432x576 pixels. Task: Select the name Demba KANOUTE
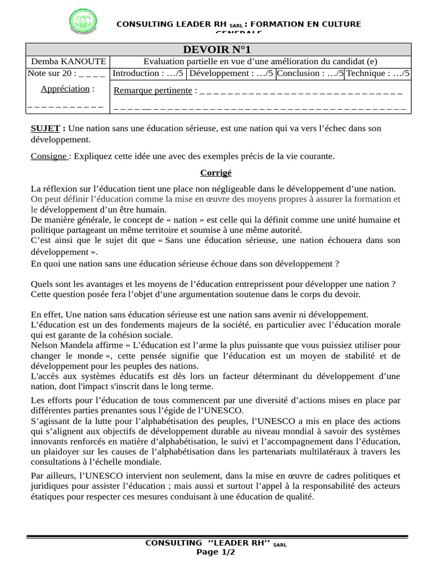tap(67, 62)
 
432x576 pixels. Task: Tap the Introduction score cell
tap(147, 73)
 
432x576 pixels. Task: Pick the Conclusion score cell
tap(310, 73)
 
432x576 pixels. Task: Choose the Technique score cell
tap(378, 73)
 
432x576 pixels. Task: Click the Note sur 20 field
tap(66, 73)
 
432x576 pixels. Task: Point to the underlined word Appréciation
tap(65, 89)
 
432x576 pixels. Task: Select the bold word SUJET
tap(45, 128)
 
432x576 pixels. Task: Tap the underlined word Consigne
tap(49, 156)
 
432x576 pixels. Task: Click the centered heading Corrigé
tap(216, 173)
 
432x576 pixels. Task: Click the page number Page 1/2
tap(215, 552)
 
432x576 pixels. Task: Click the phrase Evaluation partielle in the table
tap(179, 62)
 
